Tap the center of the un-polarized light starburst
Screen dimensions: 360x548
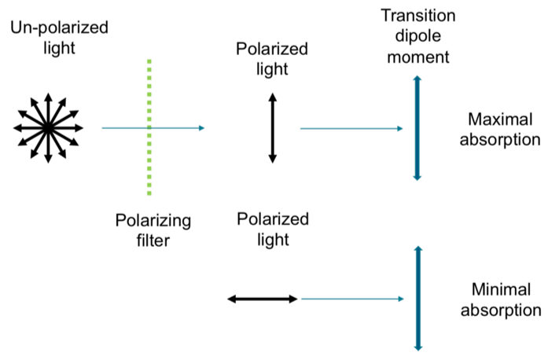click(x=47, y=127)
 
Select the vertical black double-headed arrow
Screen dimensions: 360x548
click(x=273, y=127)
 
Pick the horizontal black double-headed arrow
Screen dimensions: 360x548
click(x=262, y=299)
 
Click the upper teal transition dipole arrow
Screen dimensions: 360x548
click(x=417, y=127)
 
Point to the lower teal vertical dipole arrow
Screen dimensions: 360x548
click(x=417, y=299)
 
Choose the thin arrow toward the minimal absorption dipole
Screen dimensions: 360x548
click(x=352, y=299)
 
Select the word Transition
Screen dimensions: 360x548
click(x=416, y=17)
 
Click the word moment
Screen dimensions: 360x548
click(x=417, y=57)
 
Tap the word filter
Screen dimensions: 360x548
click(x=152, y=241)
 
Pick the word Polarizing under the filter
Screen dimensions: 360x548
click(x=153, y=220)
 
